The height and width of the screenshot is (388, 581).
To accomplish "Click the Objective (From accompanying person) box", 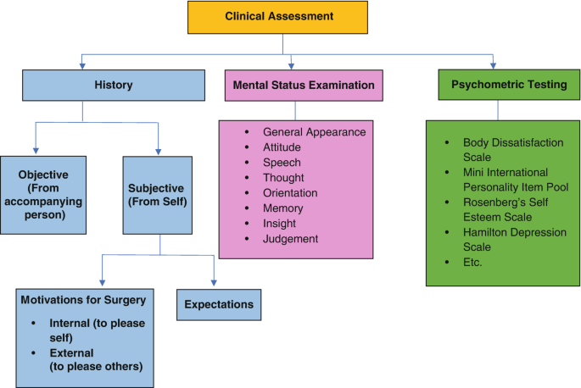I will [42, 194].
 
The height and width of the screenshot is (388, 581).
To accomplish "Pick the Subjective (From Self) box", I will [160, 194].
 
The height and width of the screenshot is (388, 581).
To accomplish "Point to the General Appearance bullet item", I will [314, 132].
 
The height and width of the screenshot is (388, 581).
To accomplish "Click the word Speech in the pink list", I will [282, 163].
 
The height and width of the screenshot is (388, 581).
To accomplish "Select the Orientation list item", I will [291, 193].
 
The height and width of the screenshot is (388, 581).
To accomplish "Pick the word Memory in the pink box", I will [283, 208].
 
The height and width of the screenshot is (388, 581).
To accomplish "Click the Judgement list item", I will [290, 239].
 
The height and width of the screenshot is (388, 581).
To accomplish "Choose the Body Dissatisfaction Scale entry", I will [500, 149].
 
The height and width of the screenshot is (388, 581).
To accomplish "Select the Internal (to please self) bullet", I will [96, 330].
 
